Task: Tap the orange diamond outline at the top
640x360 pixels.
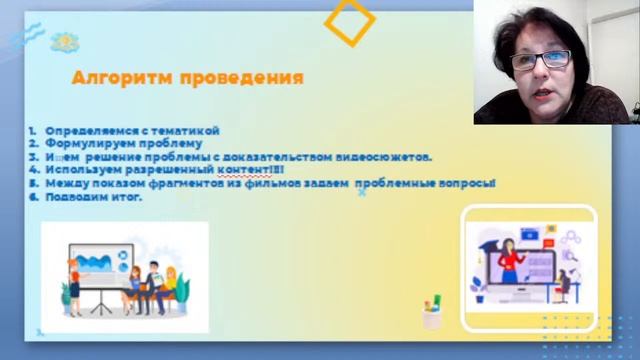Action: (x=350, y=21)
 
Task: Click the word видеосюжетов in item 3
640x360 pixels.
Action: (x=387, y=157)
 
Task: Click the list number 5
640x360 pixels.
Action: (x=33, y=183)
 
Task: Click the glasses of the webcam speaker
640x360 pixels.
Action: (x=540, y=60)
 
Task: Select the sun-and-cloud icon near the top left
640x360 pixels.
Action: (x=64, y=42)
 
